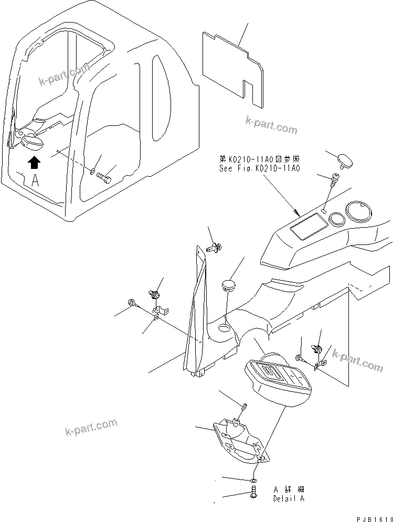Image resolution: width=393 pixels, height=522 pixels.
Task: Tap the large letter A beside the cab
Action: pos(35,182)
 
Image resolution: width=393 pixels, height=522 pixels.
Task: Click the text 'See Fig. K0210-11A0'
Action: pos(259,169)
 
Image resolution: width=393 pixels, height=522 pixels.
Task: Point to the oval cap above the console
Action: pos(345,158)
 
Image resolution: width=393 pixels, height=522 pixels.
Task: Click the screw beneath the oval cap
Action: pos(333,181)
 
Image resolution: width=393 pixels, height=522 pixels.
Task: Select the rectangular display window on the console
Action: pos(308,227)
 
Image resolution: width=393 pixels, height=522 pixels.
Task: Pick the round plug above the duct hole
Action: pos(227,285)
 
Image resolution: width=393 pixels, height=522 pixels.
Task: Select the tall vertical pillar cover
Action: pos(195,315)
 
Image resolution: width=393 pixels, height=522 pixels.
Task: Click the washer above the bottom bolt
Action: pos(253,480)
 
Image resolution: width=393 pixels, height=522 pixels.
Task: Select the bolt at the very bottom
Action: pos(253,493)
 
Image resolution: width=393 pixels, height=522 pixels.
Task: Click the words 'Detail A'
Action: pos(288,498)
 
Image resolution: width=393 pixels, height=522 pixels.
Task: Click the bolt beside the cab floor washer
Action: pos(105,178)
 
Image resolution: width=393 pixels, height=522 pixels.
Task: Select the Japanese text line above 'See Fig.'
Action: pos(259,159)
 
